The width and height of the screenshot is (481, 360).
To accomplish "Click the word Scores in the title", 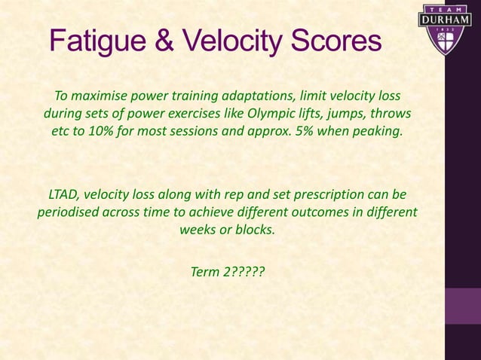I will (x=335, y=41).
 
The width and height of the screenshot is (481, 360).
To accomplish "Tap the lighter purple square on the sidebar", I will (x=462, y=306).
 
